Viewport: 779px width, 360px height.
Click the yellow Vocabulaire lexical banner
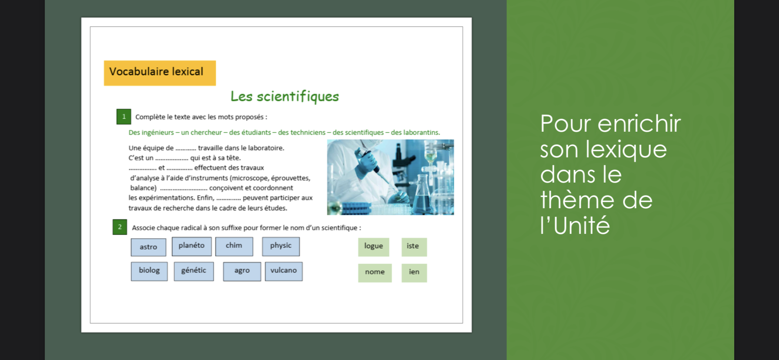(160, 73)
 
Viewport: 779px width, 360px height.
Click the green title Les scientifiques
(285, 97)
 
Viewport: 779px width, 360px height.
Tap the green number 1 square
(124, 117)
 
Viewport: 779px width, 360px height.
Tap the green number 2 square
(120, 227)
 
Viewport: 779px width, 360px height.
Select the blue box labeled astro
(149, 247)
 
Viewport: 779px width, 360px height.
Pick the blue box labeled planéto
(192, 246)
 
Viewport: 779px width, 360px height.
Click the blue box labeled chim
(234, 246)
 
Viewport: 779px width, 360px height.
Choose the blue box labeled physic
(281, 246)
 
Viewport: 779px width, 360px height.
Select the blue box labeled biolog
(149, 271)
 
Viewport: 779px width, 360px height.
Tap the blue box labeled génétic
(194, 271)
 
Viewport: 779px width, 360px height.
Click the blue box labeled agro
(242, 271)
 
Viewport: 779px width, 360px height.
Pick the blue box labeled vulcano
(284, 271)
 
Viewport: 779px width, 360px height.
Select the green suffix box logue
(374, 247)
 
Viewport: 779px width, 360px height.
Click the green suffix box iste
(414, 247)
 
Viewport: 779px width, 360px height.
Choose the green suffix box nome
(375, 273)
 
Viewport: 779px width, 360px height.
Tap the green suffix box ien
(414, 273)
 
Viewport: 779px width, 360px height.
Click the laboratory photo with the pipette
(390, 177)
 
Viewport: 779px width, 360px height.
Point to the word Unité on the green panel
(582, 226)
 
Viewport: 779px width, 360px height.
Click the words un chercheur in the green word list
(202, 133)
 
